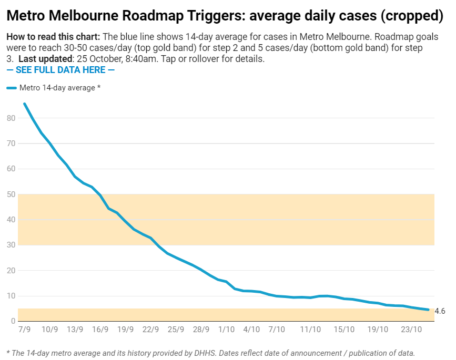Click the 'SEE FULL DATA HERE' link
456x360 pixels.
60,70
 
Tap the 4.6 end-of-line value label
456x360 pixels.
440,311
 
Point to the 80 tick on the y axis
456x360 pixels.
11,118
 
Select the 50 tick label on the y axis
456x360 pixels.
11,194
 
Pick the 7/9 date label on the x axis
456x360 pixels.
24,330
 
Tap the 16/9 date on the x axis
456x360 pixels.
100,330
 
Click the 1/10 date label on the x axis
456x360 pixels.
226,330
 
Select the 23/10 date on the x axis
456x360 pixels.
411,330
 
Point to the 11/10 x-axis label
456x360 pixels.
310,330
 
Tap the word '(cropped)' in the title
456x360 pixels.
412,16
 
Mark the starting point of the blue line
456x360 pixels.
24,104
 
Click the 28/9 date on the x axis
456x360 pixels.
201,330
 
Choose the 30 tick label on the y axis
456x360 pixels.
11,245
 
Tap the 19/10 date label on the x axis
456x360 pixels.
378,330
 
